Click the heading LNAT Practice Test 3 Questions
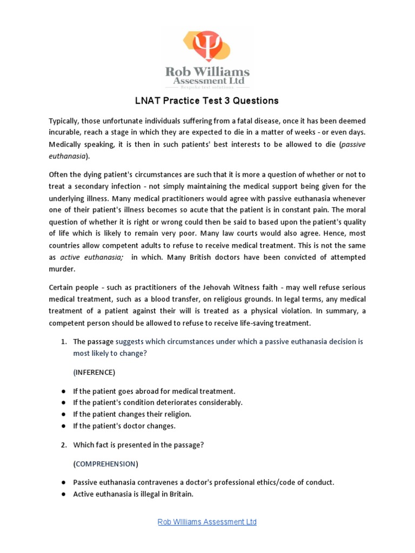coord(207,100)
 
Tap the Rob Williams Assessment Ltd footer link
coord(207,522)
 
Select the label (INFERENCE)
coord(94,372)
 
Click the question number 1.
coord(63,342)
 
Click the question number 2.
coord(63,445)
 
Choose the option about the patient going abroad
coord(154,390)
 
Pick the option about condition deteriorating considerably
coord(158,402)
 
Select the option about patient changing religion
coord(132,414)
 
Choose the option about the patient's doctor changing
coord(124,426)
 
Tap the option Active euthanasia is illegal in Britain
coord(133,494)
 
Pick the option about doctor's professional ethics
coord(204,482)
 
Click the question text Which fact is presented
coord(138,445)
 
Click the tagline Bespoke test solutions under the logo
coord(207,86)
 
